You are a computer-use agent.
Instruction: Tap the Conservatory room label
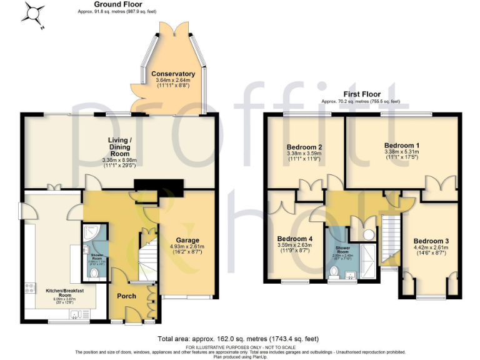(x=173, y=74)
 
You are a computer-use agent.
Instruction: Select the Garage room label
(x=187, y=240)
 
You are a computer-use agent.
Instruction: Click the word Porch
(x=126, y=296)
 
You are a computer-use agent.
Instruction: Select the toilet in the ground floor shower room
(x=93, y=273)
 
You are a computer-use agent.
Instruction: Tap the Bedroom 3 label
(x=431, y=241)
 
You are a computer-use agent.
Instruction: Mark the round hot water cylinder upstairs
(x=369, y=234)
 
